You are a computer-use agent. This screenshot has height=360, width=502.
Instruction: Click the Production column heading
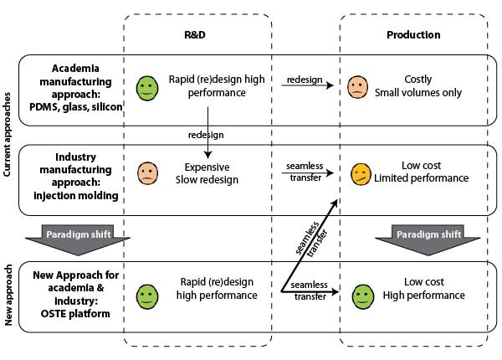[x=413, y=35]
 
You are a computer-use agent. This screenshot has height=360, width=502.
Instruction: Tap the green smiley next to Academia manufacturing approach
[x=147, y=86]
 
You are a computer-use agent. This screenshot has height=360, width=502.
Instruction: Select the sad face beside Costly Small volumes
[x=357, y=85]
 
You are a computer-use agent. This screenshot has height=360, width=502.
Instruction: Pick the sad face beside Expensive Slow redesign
[x=147, y=173]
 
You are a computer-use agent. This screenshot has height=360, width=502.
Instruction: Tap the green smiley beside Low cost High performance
[x=362, y=295]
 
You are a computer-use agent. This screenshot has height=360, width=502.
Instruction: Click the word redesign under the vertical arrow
[x=206, y=134]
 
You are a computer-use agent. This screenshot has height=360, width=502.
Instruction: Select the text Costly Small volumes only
[x=417, y=86]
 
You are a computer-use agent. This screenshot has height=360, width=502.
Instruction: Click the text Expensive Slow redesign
[x=207, y=173]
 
